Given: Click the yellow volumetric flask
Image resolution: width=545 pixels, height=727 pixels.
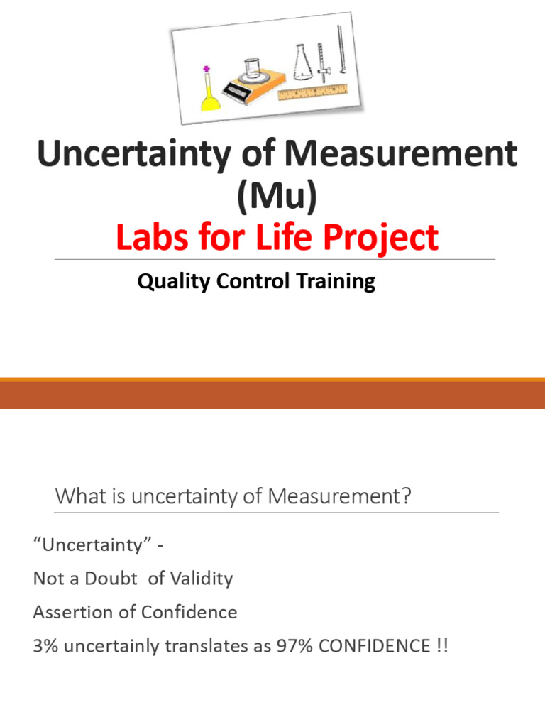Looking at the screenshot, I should pos(211,99).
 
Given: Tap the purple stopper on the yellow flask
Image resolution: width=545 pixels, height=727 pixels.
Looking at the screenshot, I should pos(207,70).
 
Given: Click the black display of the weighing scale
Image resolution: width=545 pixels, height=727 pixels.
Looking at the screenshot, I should pos(234,90).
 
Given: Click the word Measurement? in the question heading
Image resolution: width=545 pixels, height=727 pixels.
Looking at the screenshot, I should pos(339,497).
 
